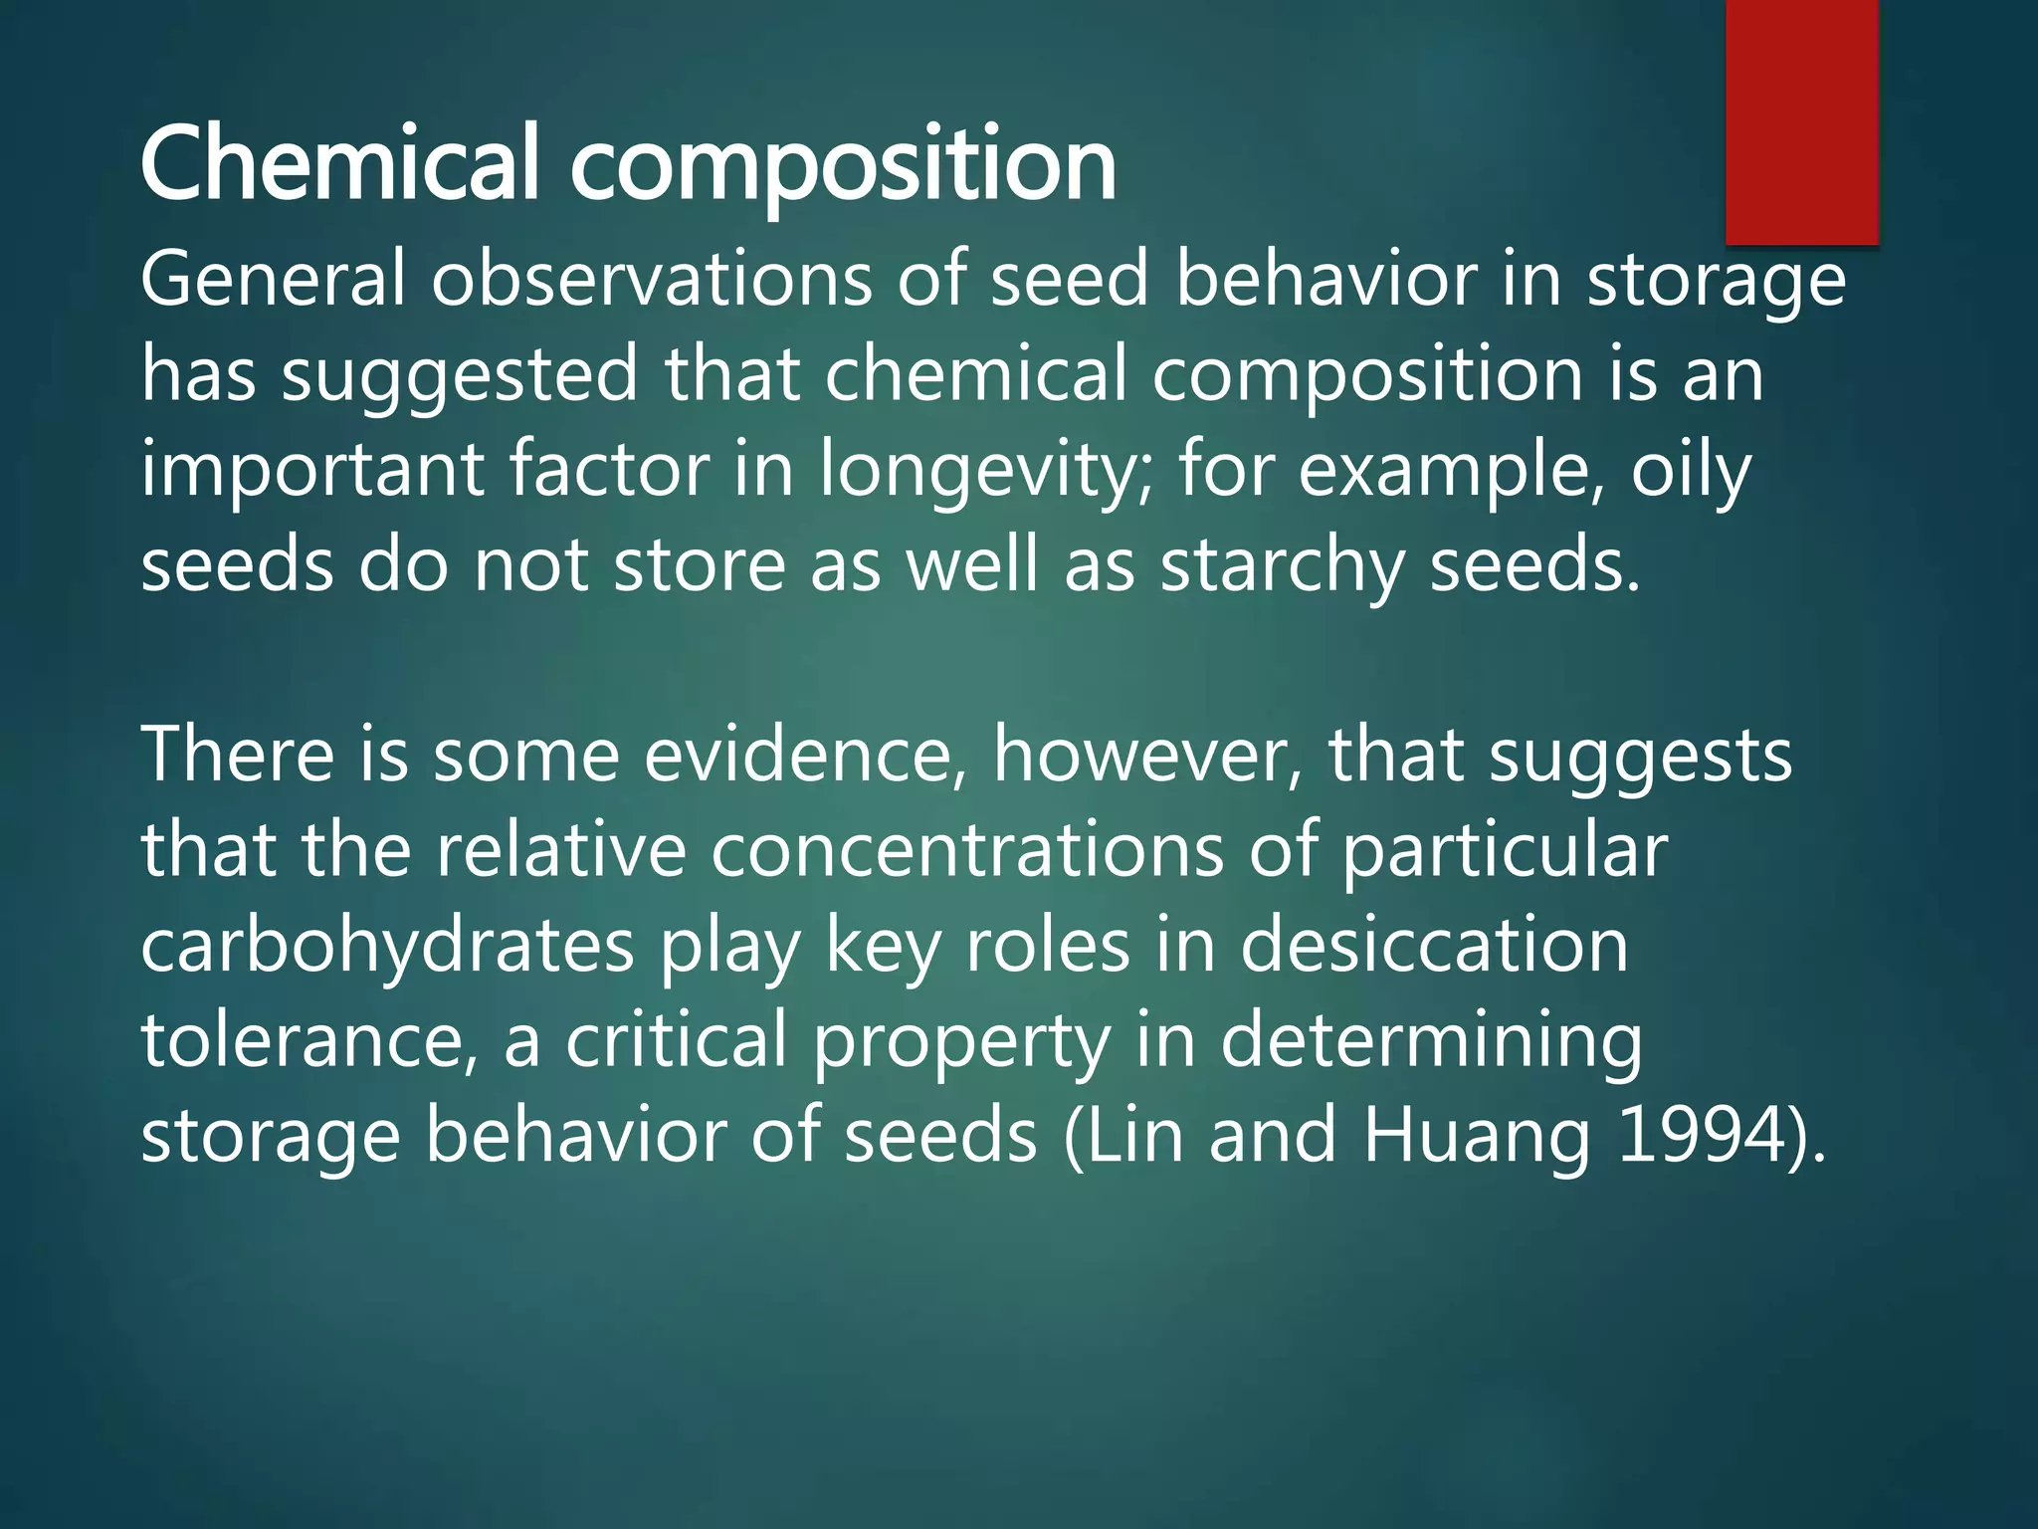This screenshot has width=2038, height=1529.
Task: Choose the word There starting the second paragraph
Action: (237, 755)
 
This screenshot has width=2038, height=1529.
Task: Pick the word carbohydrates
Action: (387, 945)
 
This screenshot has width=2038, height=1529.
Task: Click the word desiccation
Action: (1434, 945)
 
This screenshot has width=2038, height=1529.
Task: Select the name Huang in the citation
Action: (1477, 1135)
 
